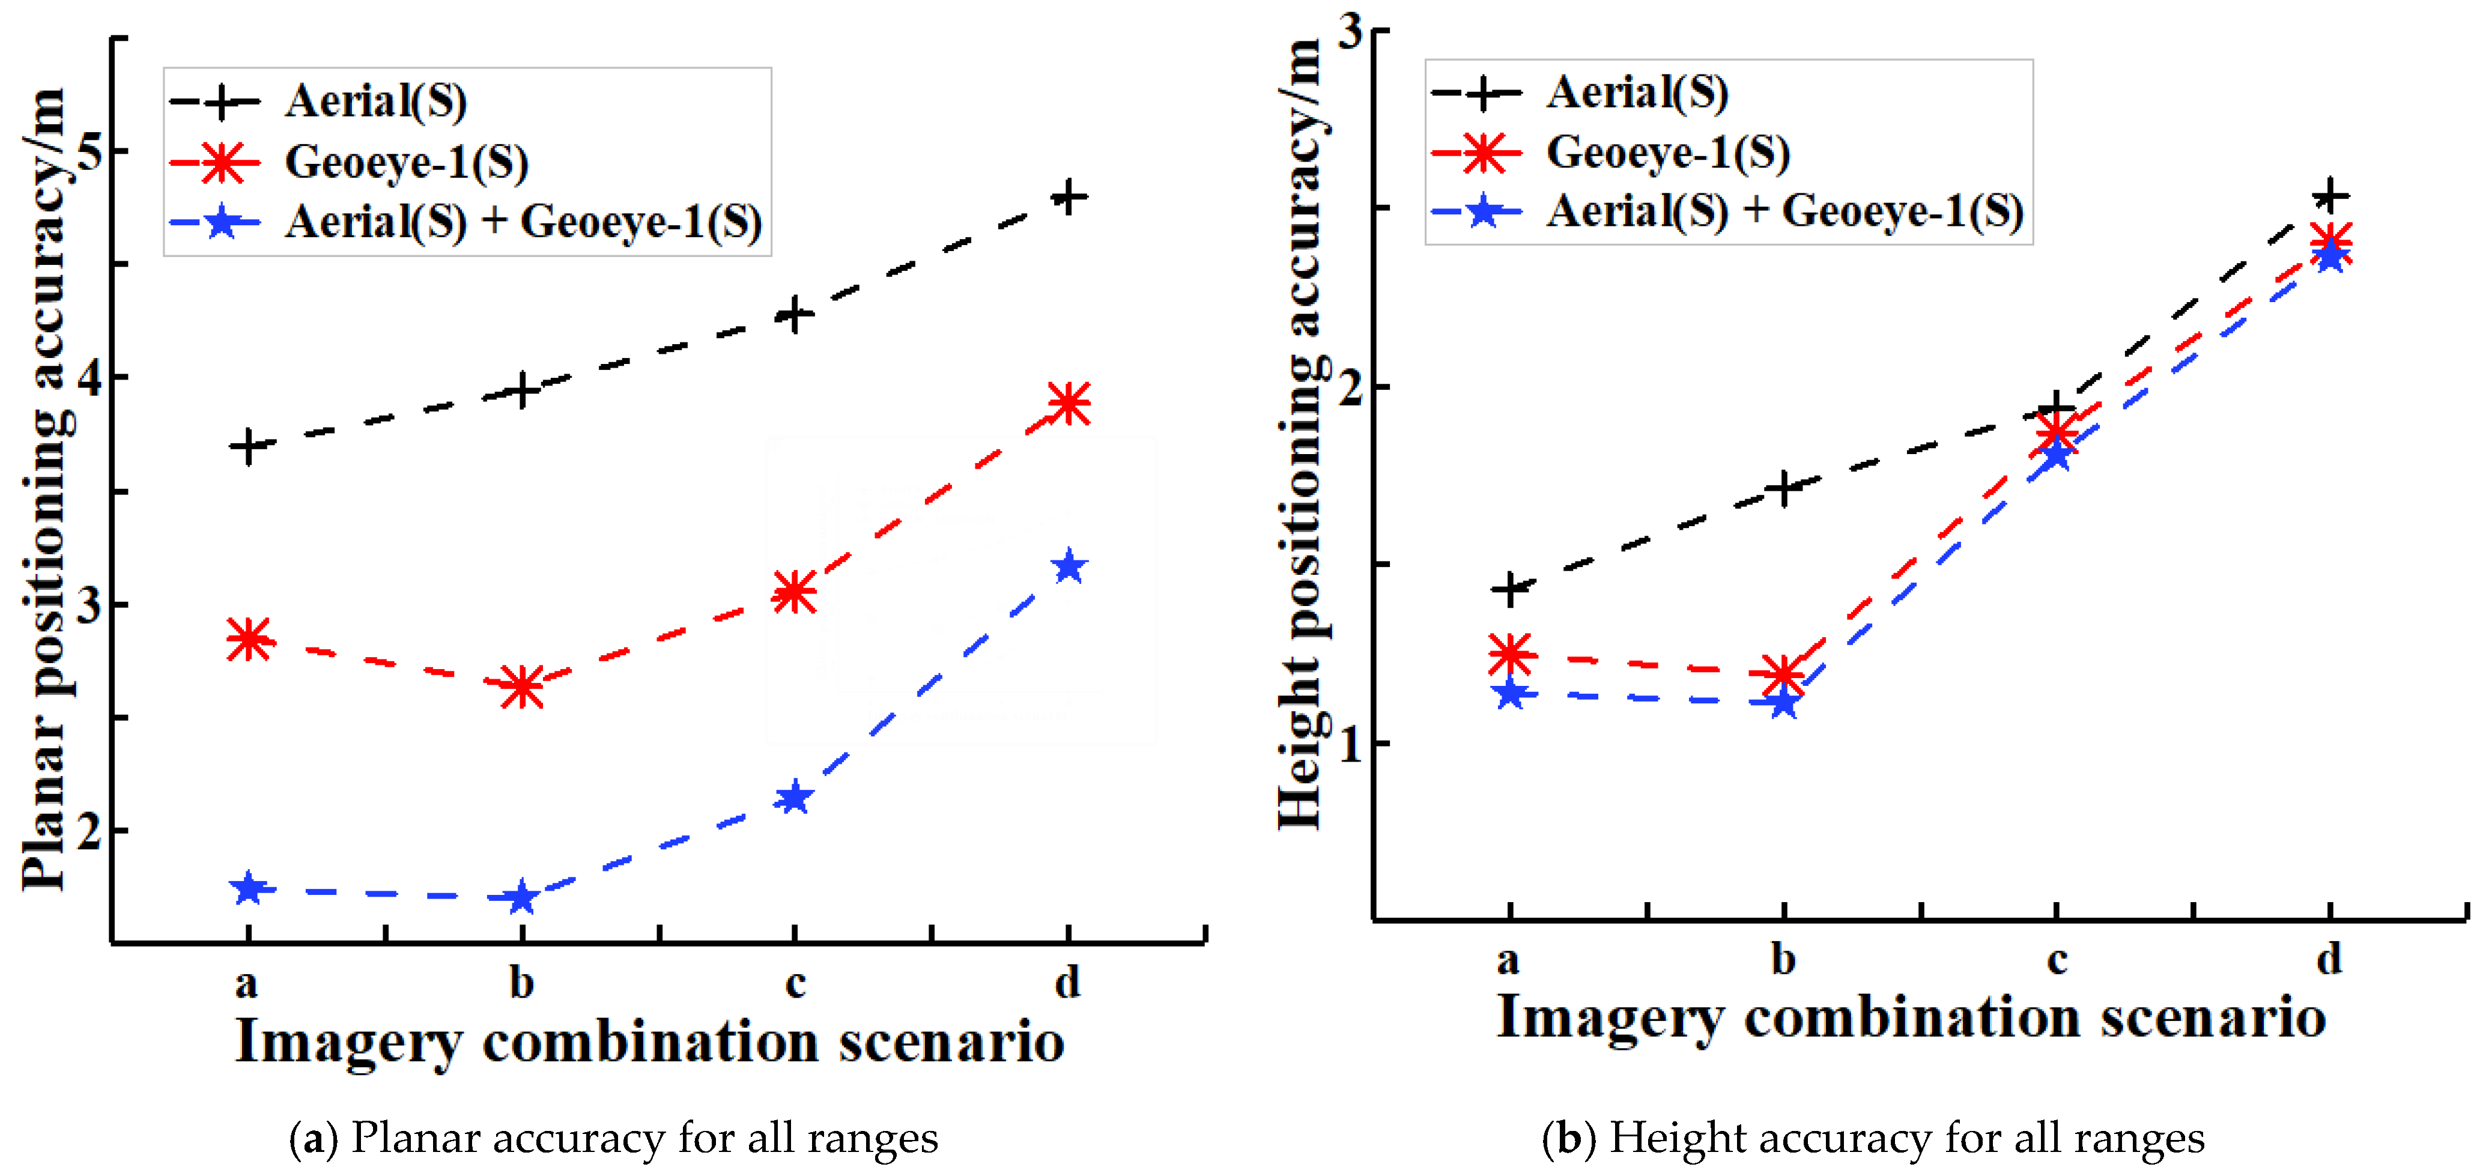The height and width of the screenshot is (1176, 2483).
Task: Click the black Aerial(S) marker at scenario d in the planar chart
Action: coord(1068,198)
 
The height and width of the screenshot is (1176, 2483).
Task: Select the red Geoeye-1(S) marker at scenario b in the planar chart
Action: coord(521,687)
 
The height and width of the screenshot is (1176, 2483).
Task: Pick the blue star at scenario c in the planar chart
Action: coord(794,797)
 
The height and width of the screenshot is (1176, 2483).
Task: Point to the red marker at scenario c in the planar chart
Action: coord(794,591)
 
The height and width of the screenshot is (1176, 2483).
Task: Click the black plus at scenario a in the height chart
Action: coord(1511,588)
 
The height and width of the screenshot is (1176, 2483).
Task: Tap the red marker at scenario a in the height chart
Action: coord(1511,655)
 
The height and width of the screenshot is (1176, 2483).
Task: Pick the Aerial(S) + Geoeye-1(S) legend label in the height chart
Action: coord(1785,211)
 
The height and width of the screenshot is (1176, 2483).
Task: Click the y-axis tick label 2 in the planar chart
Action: coord(89,831)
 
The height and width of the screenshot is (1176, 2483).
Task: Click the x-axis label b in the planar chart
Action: coord(521,983)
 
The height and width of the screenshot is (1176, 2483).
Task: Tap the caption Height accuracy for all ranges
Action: coord(1873,1138)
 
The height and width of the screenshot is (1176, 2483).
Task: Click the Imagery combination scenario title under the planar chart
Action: coord(650,1041)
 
